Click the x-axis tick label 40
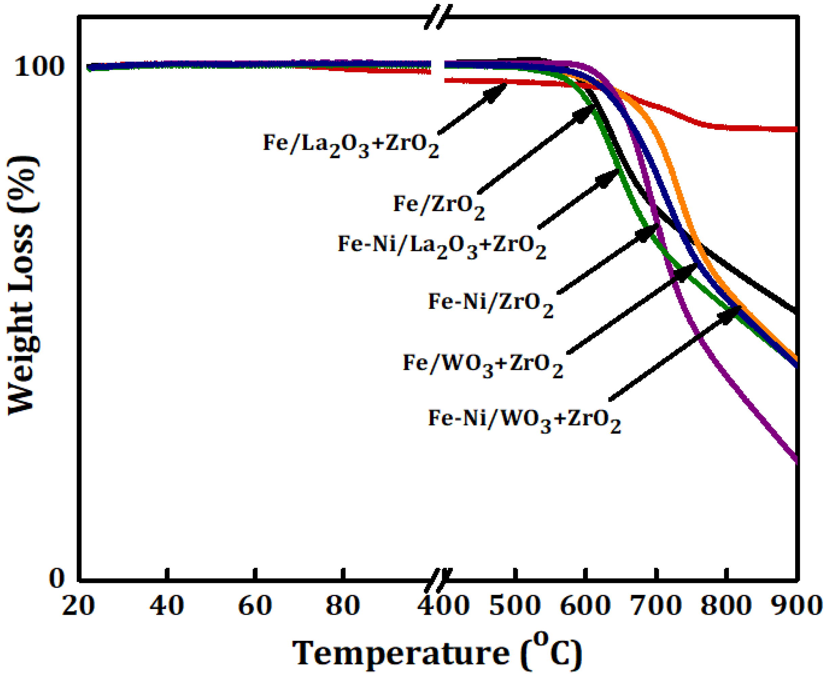pos(167,606)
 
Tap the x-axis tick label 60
pos(255,606)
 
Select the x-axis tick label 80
pos(343,606)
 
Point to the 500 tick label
pos(515,606)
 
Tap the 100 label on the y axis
pos(39,67)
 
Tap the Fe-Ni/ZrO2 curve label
pos(491,304)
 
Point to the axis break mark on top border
pos(439,17)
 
